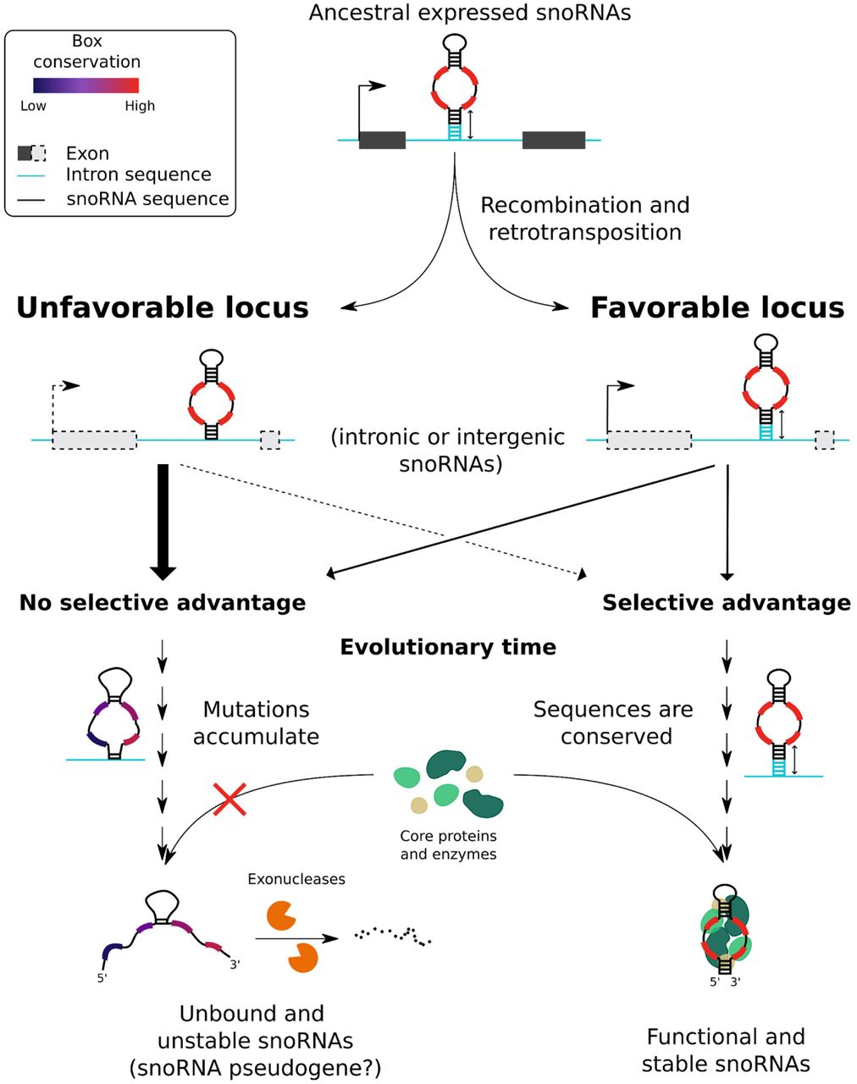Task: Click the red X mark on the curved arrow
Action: pyautogui.click(x=229, y=799)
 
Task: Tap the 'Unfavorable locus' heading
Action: pyautogui.click(x=163, y=307)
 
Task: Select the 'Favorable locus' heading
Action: pyautogui.click(x=717, y=307)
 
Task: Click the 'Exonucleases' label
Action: pyautogui.click(x=296, y=879)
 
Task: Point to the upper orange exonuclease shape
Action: pyautogui.click(x=279, y=916)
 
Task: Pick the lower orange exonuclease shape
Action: pyautogui.click(x=303, y=958)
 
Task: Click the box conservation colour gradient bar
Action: pyautogui.click(x=86, y=86)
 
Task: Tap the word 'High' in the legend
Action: pyautogui.click(x=140, y=106)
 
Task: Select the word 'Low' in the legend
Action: pyautogui.click(x=33, y=106)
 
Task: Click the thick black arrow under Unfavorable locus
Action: pyautogui.click(x=163, y=523)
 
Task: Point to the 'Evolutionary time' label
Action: pyautogui.click(x=448, y=647)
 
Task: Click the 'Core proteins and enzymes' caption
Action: pyautogui.click(x=449, y=844)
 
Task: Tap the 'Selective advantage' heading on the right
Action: pyautogui.click(x=727, y=602)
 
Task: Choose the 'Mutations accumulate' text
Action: pyautogui.click(x=256, y=723)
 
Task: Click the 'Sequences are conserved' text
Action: pyautogui.click(x=614, y=723)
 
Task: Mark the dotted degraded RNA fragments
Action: pyautogui.click(x=393, y=937)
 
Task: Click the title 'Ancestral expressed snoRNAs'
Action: pyautogui.click(x=469, y=13)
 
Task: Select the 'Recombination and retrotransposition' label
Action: pyautogui.click(x=585, y=218)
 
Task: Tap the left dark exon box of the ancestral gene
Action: pyautogui.click(x=382, y=140)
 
